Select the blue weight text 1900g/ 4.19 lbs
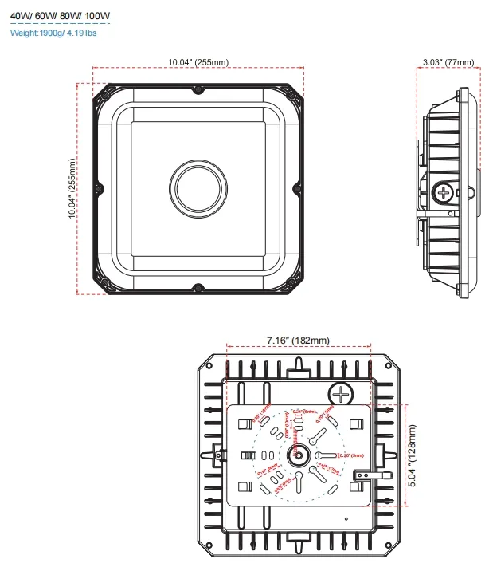click(55, 33)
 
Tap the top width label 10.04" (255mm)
click(198, 62)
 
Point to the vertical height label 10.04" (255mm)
click(72, 189)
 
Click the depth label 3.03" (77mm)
click(447, 62)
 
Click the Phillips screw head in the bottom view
click(342, 394)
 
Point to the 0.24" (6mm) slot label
click(303, 412)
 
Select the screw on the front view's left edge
click(100, 188)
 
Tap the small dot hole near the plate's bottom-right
click(346, 519)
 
